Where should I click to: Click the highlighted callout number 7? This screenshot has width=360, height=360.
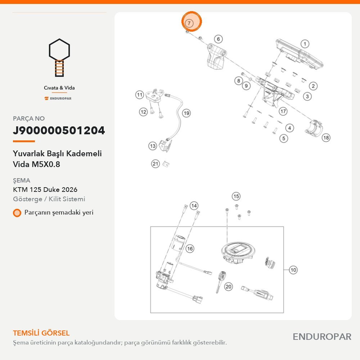pyautogui.click(x=189, y=23)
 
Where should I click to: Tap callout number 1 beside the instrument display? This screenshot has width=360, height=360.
pyautogui.click(x=305, y=44)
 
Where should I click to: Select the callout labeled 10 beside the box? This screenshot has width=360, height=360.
pyautogui.click(x=293, y=270)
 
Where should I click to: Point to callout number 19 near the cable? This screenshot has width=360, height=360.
pyautogui.click(x=186, y=113)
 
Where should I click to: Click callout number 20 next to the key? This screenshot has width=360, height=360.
pyautogui.click(x=229, y=287)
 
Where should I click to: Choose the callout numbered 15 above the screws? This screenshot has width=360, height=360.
pyautogui.click(x=236, y=196)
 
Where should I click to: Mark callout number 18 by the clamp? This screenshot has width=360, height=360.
pyautogui.click(x=326, y=138)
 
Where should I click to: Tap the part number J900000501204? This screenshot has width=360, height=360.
pyautogui.click(x=59, y=130)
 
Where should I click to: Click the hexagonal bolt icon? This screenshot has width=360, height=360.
pyautogui.click(x=59, y=58)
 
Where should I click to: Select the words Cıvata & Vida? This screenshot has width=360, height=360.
pyautogui.click(x=59, y=88)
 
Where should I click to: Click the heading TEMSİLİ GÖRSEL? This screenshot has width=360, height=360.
pyautogui.click(x=41, y=333)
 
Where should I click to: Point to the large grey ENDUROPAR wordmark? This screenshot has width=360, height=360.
pyautogui.click(x=322, y=337)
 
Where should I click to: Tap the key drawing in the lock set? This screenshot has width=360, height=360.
pyautogui.click(x=220, y=281)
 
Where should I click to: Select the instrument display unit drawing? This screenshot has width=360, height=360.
pyautogui.click(x=299, y=55)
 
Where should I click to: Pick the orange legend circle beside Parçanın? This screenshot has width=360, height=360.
pyautogui.click(x=17, y=213)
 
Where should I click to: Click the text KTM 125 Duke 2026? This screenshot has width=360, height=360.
pyautogui.click(x=45, y=190)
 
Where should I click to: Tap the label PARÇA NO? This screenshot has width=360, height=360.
pyautogui.click(x=29, y=118)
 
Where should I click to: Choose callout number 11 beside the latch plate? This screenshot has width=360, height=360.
pyautogui.click(x=140, y=95)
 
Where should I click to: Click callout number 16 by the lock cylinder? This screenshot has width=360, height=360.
pyautogui.click(x=190, y=248)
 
